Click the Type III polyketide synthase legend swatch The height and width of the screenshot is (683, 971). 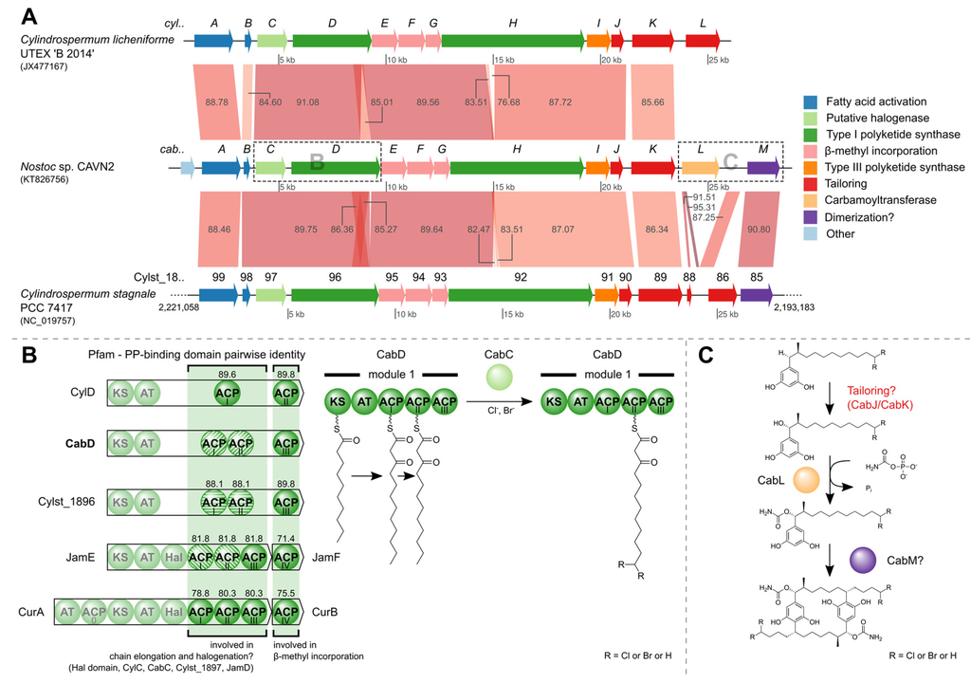click(811, 167)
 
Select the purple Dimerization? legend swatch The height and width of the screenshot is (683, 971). click(811, 216)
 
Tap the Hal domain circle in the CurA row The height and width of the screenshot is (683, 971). click(174, 614)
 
